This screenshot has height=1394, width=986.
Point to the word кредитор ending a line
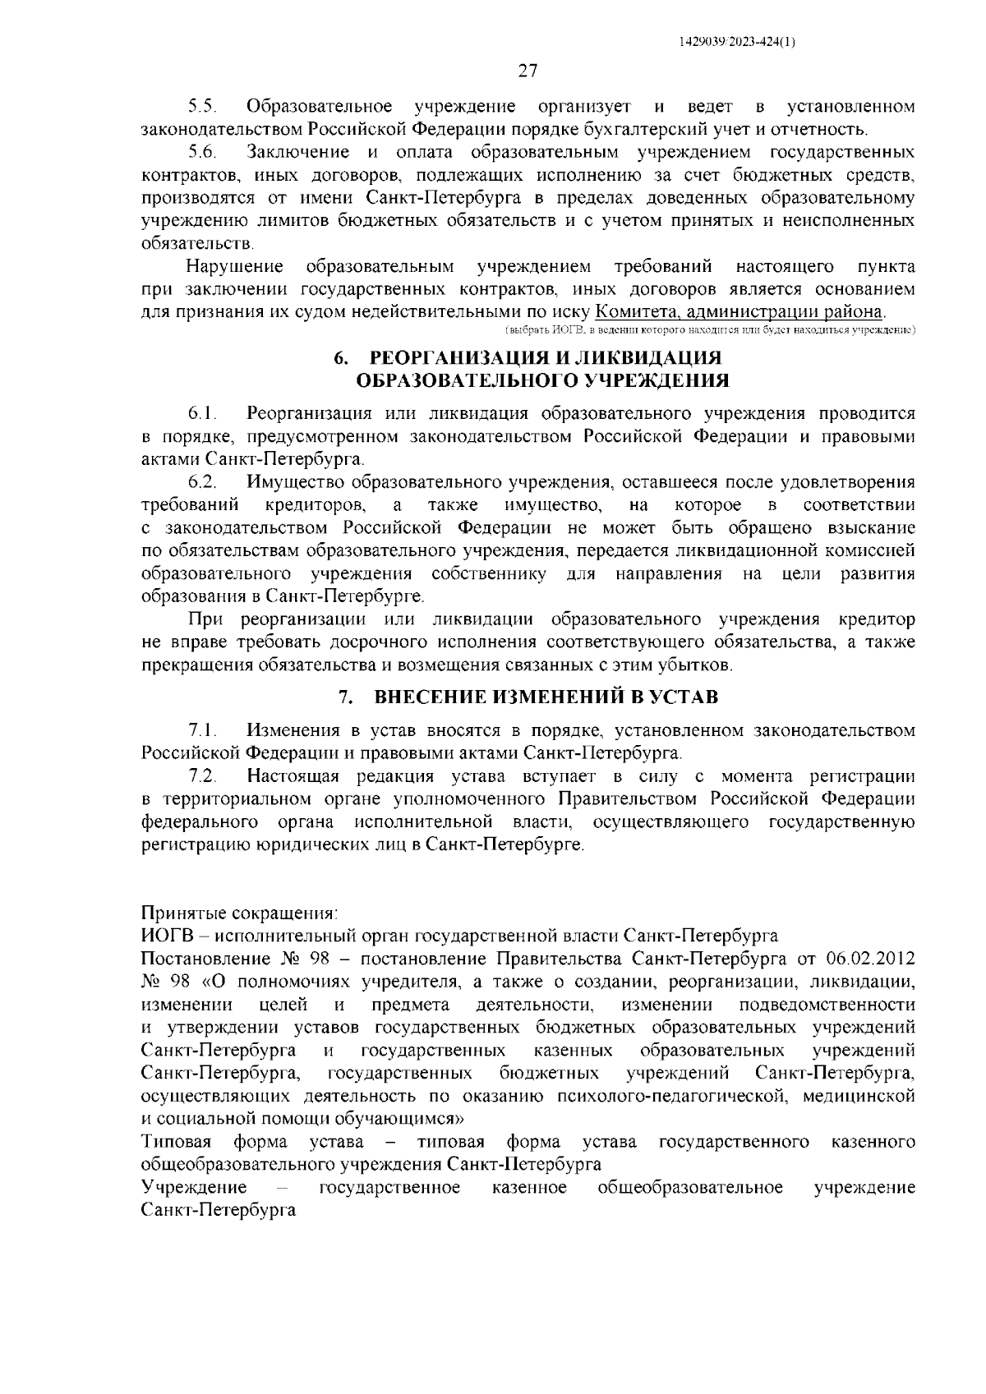(876, 619)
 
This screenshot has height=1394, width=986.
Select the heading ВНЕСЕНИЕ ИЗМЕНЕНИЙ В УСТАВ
(546, 697)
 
